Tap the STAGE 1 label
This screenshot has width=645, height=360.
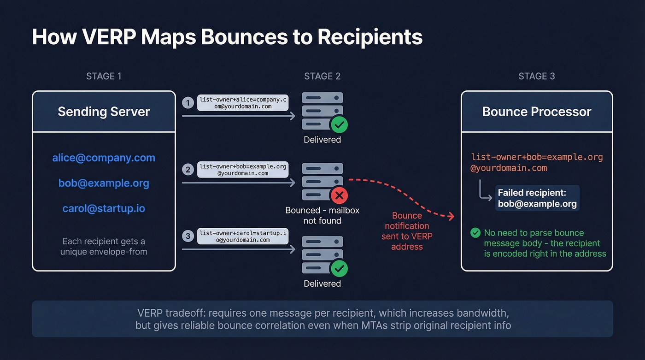[104, 76]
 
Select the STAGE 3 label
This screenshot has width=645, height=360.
[537, 76]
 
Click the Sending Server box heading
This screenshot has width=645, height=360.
[104, 112]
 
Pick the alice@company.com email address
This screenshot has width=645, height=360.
[104, 158]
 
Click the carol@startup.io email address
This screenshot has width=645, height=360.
[104, 208]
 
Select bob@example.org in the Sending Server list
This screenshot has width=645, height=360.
[104, 183]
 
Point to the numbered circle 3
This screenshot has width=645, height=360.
[188, 236]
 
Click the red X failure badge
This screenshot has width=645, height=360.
[339, 195]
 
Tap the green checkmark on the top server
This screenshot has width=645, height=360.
[339, 124]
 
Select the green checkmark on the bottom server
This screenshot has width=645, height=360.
[339, 268]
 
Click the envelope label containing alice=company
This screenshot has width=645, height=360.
[242, 103]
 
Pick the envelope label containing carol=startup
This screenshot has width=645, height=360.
[242, 236]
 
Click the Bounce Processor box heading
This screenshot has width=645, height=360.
[537, 112]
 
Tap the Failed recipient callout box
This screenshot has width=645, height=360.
[537, 198]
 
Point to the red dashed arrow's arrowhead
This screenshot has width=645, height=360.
[451, 216]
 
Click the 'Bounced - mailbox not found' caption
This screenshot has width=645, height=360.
[322, 215]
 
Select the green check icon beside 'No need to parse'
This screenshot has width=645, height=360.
[475, 233]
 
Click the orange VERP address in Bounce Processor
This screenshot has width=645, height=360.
[537, 162]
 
